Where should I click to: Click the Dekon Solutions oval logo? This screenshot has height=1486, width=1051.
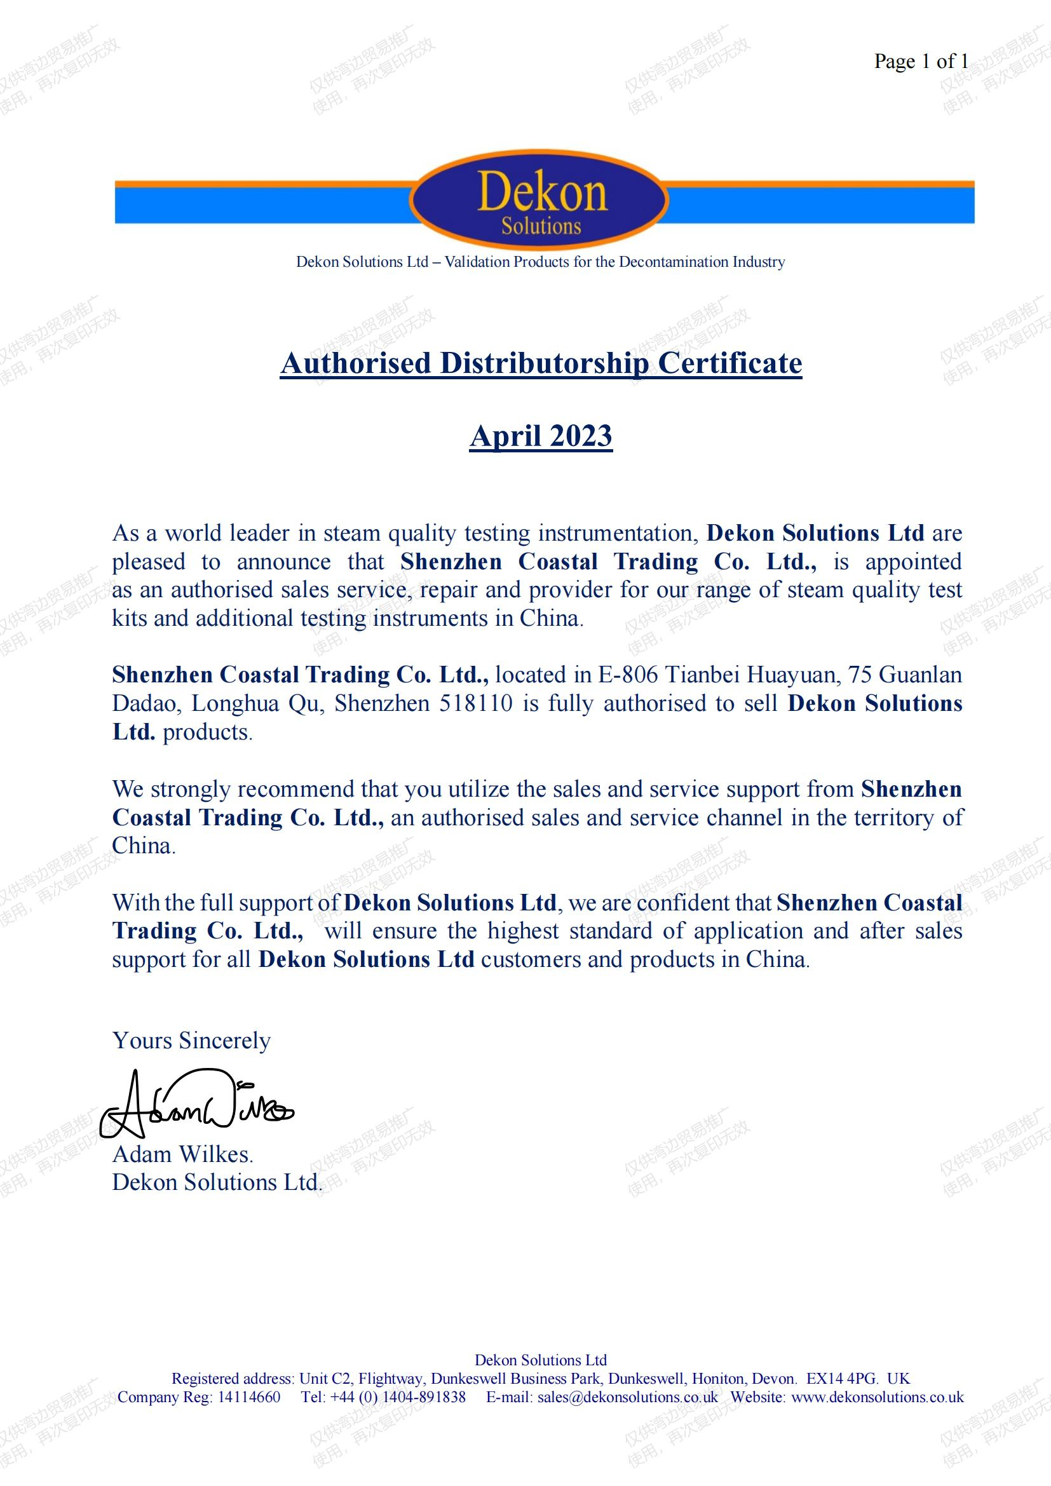(x=539, y=200)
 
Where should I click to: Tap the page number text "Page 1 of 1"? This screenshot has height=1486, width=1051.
(x=920, y=62)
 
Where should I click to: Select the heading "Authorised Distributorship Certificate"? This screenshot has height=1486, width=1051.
(x=541, y=363)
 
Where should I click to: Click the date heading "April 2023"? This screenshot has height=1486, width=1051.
(x=541, y=436)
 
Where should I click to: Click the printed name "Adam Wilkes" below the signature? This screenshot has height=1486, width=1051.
(x=182, y=1154)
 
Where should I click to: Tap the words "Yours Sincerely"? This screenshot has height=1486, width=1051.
(x=191, y=1040)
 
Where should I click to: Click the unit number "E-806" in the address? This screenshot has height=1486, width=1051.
(x=627, y=675)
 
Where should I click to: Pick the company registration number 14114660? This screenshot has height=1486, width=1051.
(x=248, y=1396)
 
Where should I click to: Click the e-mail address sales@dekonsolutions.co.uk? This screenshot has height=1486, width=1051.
(x=627, y=1396)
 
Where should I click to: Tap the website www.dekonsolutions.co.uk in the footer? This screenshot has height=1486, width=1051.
(x=878, y=1396)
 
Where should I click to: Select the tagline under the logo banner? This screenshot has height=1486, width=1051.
(x=540, y=262)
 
